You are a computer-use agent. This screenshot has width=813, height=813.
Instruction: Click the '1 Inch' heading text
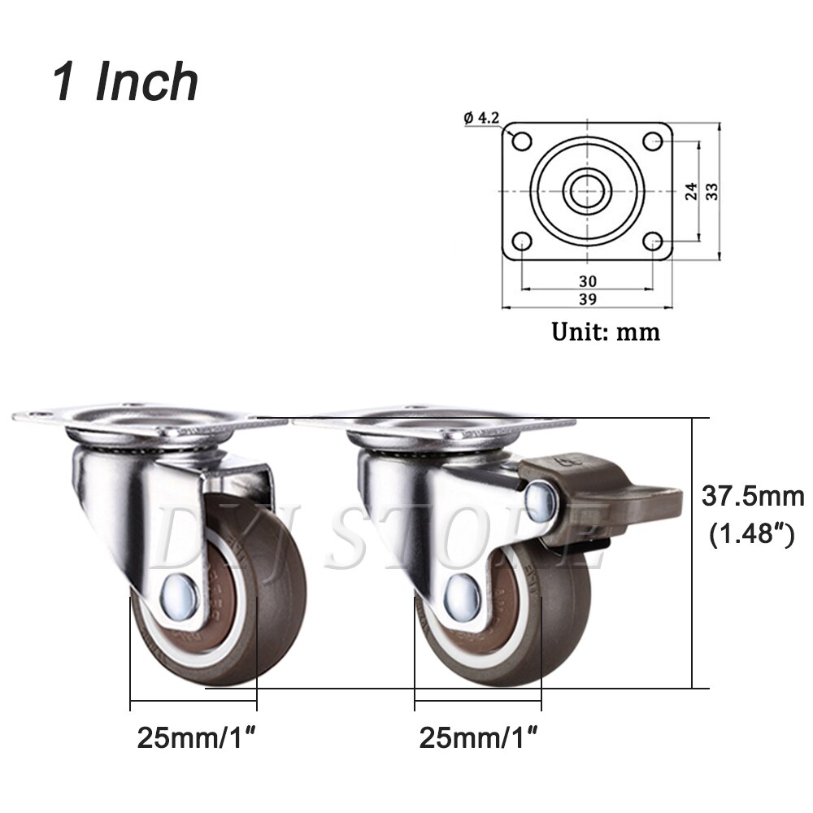click(126, 81)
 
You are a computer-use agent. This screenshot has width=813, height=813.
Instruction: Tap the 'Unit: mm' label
click(606, 332)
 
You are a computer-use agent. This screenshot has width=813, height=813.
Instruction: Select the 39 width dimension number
click(588, 298)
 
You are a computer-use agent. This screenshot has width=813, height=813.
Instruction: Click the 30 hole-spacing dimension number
click(588, 280)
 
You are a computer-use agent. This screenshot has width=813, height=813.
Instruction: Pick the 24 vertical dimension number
click(690, 191)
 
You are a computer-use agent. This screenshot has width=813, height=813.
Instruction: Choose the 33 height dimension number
click(711, 191)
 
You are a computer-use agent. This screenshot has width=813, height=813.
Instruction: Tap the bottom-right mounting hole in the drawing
click(652, 241)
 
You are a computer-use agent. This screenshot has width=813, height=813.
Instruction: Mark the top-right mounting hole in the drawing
click(652, 141)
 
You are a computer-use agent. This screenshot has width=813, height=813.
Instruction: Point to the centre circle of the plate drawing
click(587, 191)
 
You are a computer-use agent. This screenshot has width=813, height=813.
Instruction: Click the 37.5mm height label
click(752, 495)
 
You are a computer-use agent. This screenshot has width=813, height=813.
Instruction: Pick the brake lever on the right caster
click(585, 496)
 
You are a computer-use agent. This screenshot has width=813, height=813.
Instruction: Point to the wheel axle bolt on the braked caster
click(463, 591)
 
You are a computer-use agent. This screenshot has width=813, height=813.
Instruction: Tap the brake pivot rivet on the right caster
click(539, 502)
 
